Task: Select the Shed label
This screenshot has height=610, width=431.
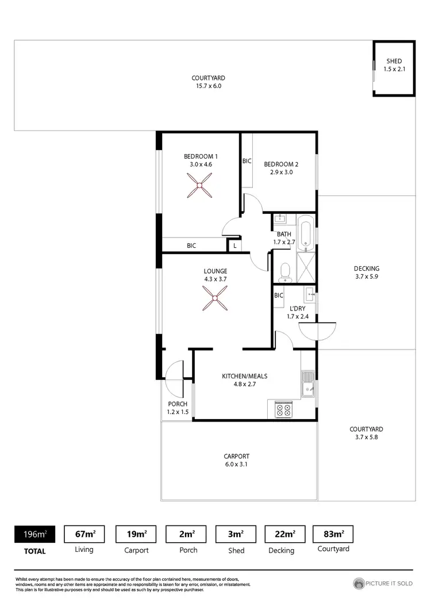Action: [394, 61]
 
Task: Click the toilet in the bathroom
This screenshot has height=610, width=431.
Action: [286, 273]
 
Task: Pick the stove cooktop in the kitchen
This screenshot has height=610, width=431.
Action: [283, 409]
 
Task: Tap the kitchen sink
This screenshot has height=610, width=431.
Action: [307, 383]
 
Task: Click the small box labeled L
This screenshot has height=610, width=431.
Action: [234, 246]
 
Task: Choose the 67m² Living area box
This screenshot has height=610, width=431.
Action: [84, 534]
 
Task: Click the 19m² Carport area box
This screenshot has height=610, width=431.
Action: [136, 534]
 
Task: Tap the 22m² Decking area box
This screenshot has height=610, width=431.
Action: [281, 534]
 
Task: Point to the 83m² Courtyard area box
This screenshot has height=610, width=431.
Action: [333, 534]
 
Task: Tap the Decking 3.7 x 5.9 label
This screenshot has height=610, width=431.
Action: [367, 273]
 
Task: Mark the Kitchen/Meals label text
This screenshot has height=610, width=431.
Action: [245, 377]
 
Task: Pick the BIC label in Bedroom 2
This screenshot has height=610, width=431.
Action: [247, 161]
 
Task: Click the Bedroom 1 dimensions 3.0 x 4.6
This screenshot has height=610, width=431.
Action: [201, 164]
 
